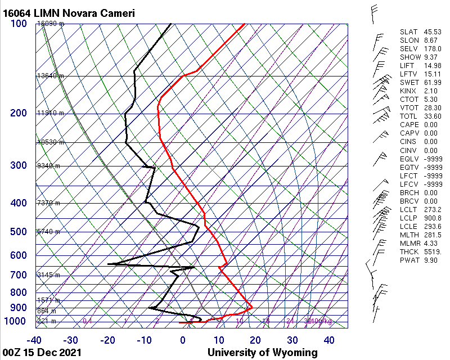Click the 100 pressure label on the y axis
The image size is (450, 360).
(18, 24)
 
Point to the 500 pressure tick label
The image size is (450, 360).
(18, 232)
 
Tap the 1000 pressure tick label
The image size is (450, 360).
(16, 321)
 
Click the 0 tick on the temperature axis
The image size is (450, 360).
(183, 340)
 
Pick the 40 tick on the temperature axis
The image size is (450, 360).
(328, 340)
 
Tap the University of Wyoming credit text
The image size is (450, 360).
(262, 353)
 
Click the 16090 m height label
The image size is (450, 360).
(51, 24)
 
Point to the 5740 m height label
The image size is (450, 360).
(48, 232)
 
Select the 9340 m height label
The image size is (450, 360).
(48, 166)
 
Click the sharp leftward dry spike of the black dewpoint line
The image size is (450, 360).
(109, 263)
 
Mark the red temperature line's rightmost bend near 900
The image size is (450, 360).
(251, 307)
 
